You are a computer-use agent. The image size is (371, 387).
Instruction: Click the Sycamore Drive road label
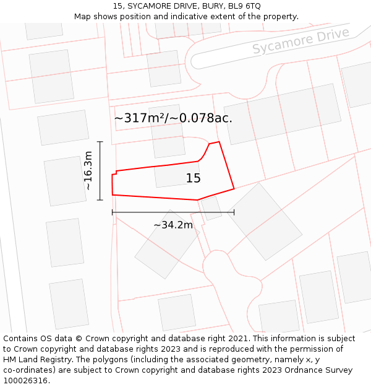coord(301,40)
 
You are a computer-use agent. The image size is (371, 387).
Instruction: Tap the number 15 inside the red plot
coord(194,178)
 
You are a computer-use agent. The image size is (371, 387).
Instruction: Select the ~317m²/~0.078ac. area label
coord(173,118)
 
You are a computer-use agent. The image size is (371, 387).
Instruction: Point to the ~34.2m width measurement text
coord(173,225)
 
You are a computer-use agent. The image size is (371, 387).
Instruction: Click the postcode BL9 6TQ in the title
coord(245,6)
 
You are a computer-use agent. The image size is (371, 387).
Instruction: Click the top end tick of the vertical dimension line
coord(100,142)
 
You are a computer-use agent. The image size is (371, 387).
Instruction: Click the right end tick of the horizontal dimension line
coord(234,212)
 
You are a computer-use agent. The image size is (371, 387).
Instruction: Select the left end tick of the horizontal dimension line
coord(113,212)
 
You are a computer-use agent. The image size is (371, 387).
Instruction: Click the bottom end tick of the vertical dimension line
coord(100,200)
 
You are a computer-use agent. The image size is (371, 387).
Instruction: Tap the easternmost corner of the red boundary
coord(234,188)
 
